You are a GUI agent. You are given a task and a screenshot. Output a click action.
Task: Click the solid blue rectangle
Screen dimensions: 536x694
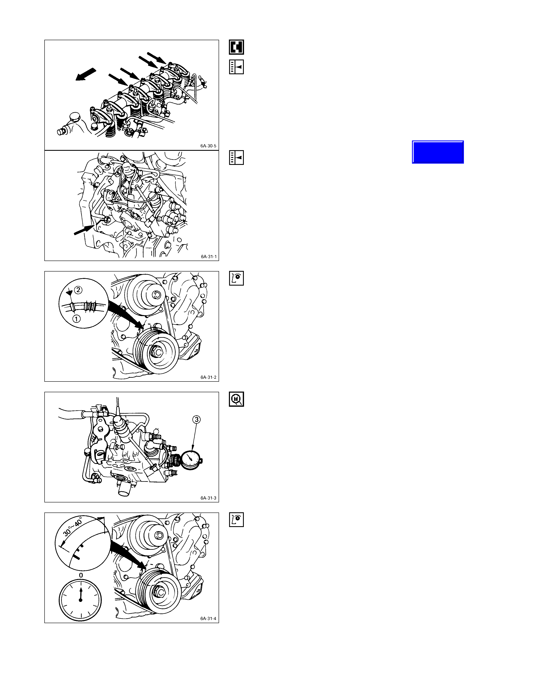(438, 152)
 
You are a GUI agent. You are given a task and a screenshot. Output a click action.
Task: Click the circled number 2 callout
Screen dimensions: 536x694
(78, 290)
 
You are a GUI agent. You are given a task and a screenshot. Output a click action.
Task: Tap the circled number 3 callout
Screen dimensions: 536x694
(197, 420)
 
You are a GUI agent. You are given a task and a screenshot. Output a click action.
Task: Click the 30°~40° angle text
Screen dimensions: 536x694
(73, 527)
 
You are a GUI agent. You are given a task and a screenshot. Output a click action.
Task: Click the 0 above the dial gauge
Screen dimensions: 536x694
(81, 575)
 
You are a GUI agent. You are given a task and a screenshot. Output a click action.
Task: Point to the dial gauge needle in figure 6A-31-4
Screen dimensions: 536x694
(81, 594)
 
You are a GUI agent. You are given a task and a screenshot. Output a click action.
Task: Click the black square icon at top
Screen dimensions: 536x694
(236, 47)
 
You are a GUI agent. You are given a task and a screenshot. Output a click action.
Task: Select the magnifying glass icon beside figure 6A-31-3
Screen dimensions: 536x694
(236, 399)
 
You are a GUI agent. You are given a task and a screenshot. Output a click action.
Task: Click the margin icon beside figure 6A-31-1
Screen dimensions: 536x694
(236, 158)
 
